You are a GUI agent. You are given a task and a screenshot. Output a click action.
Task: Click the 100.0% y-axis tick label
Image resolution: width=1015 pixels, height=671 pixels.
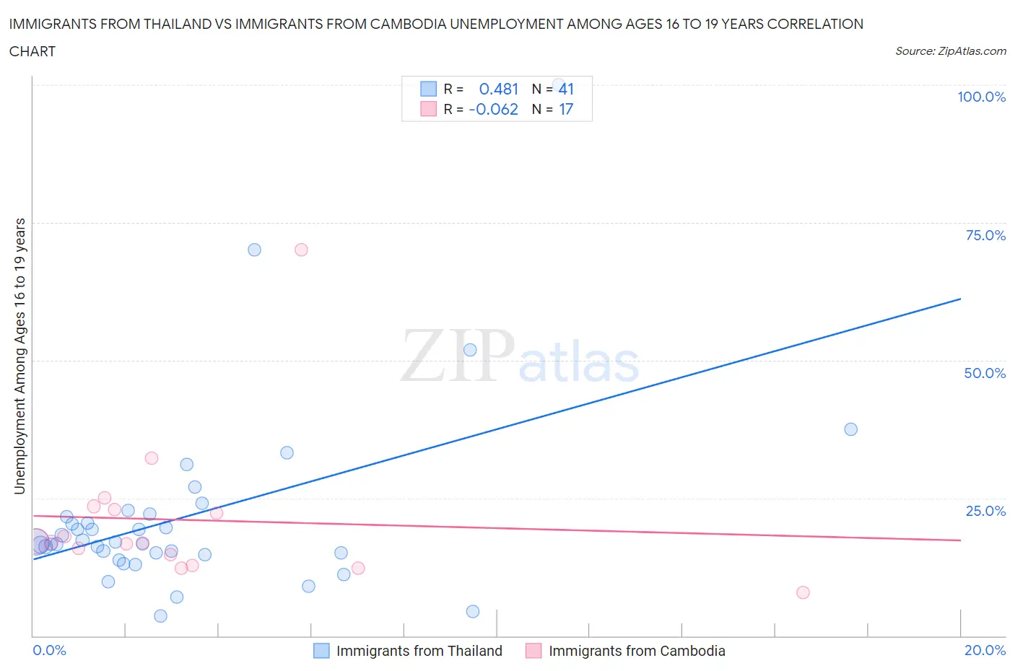(981, 97)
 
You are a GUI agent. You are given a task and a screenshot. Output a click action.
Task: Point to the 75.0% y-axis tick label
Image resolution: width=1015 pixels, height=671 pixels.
(985, 235)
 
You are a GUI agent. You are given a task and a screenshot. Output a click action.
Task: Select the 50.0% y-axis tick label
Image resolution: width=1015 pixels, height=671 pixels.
(985, 373)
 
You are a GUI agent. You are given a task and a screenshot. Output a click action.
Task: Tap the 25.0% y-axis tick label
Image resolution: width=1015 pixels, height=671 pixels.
(985, 511)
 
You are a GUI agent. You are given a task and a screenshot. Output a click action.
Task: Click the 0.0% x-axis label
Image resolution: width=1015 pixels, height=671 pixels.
(49, 650)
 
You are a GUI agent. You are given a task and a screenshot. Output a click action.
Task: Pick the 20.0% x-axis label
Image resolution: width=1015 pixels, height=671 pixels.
(985, 650)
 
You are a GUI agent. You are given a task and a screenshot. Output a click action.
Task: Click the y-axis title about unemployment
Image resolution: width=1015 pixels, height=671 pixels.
(19, 356)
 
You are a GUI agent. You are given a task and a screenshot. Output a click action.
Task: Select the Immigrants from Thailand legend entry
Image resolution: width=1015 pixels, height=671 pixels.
(408, 651)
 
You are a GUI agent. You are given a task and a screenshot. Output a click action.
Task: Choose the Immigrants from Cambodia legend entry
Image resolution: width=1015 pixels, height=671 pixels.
(625, 651)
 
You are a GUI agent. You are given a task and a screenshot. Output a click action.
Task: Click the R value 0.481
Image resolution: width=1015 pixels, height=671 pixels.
(498, 89)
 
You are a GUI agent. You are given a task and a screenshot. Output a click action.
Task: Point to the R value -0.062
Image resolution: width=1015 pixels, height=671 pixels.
(493, 109)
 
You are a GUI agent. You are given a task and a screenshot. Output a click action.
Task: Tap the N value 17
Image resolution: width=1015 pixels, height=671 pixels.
(566, 109)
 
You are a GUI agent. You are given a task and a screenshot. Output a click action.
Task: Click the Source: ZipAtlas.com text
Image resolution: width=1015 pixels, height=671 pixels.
(950, 51)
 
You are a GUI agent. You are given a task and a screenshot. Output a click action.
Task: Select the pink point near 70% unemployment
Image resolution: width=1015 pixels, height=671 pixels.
(301, 250)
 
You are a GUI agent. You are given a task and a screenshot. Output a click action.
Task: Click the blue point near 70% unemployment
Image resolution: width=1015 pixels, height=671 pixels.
(254, 250)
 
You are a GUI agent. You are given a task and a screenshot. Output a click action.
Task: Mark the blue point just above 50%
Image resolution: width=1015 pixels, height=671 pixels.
(470, 350)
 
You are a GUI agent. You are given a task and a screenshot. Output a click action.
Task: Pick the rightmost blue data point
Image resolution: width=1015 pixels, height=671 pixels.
(850, 429)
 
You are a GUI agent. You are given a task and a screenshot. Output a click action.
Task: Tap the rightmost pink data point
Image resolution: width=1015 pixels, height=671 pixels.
(803, 592)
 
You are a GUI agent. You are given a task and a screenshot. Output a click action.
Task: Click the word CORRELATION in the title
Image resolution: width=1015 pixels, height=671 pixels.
(815, 24)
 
